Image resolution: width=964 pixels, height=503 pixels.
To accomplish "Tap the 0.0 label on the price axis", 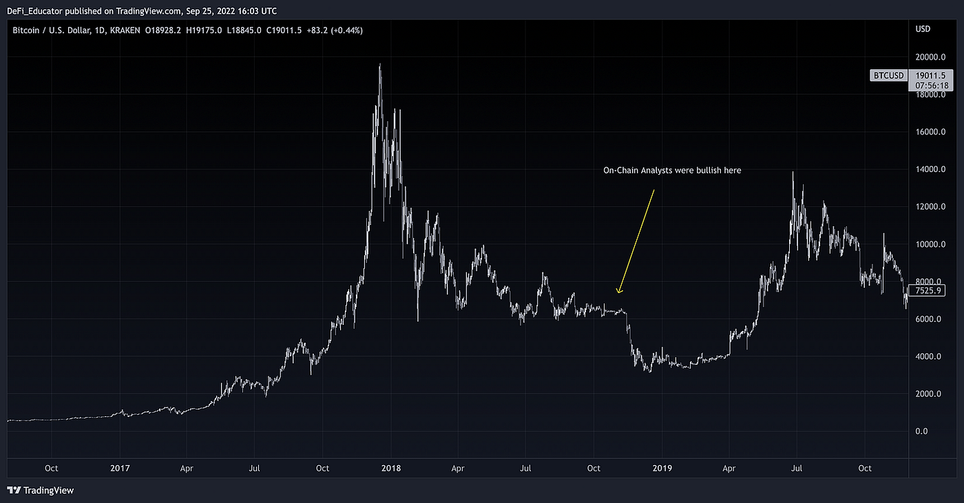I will click(x=921, y=431).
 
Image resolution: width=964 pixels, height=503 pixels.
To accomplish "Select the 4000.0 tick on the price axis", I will click(x=928, y=356).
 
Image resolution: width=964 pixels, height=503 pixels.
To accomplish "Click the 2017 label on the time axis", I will click(x=120, y=469).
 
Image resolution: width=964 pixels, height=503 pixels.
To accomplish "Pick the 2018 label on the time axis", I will click(x=391, y=469).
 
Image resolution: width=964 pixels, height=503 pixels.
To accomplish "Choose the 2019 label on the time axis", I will click(x=662, y=469).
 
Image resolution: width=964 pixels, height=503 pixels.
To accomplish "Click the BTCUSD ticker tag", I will click(x=888, y=76).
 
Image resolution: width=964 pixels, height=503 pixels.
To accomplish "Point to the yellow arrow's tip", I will click(x=618, y=294).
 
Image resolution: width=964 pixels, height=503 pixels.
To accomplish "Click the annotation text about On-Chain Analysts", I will click(x=672, y=171).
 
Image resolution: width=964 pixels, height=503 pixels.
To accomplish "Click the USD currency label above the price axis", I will click(x=921, y=28).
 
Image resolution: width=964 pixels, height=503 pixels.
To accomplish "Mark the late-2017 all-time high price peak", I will click(x=380, y=64).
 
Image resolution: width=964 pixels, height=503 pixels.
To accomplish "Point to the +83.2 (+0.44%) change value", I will click(x=335, y=30).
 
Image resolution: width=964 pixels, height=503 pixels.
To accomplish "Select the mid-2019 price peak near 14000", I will click(x=793, y=172).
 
